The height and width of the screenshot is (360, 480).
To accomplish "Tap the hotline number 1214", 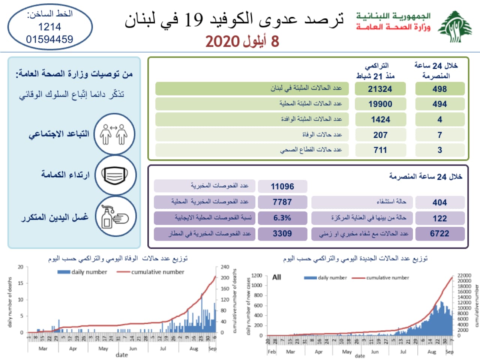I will click(49, 27).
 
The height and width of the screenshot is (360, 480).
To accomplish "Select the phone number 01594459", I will click(49, 39).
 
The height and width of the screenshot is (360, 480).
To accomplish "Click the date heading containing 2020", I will click(242, 41).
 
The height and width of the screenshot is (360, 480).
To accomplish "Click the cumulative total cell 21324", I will click(380, 89).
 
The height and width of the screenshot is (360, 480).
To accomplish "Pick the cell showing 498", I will click(439, 89).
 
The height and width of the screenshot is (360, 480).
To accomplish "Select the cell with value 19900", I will click(380, 104).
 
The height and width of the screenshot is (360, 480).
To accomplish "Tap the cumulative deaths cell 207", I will click(380, 135).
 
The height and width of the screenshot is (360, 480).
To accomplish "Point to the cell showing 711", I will click(380, 150).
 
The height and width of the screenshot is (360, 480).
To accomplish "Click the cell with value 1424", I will click(380, 120).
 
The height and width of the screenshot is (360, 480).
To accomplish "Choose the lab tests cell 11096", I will click(282, 186).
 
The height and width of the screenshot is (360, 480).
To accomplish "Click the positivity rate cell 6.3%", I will click(282, 218).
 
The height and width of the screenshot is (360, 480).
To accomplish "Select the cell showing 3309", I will click(282, 234).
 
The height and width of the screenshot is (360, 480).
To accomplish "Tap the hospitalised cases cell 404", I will click(439, 202).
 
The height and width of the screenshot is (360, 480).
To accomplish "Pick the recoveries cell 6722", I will click(439, 234).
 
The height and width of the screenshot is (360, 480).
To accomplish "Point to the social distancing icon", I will click(114, 134).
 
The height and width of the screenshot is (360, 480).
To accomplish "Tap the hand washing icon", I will click(115, 217).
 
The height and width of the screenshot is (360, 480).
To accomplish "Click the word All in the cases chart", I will click(277, 277).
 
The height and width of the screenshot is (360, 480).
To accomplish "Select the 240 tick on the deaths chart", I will click(225, 267).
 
